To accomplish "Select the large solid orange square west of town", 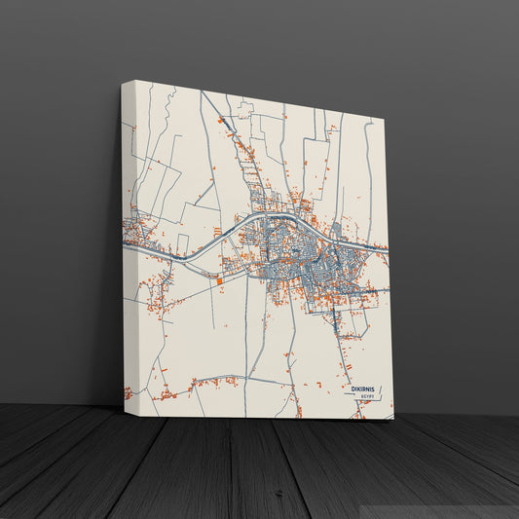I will click(220, 280).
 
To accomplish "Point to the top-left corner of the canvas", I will click(124, 81).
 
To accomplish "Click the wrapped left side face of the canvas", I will click(127, 243).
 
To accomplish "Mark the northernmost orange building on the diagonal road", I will click(221, 121).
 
